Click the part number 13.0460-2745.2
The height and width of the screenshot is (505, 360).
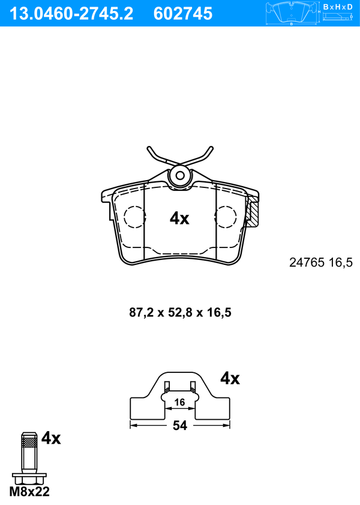pyautogui.click(x=71, y=14)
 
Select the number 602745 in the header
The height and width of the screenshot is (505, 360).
pyautogui.click(x=183, y=14)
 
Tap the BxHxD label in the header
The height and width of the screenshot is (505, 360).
pyautogui.click(x=338, y=7)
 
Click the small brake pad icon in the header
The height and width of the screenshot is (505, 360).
pyautogui.click(x=292, y=13)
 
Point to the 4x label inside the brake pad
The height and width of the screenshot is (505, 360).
pyautogui.click(x=179, y=219)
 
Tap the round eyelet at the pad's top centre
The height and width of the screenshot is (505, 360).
pyautogui.click(x=180, y=175)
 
